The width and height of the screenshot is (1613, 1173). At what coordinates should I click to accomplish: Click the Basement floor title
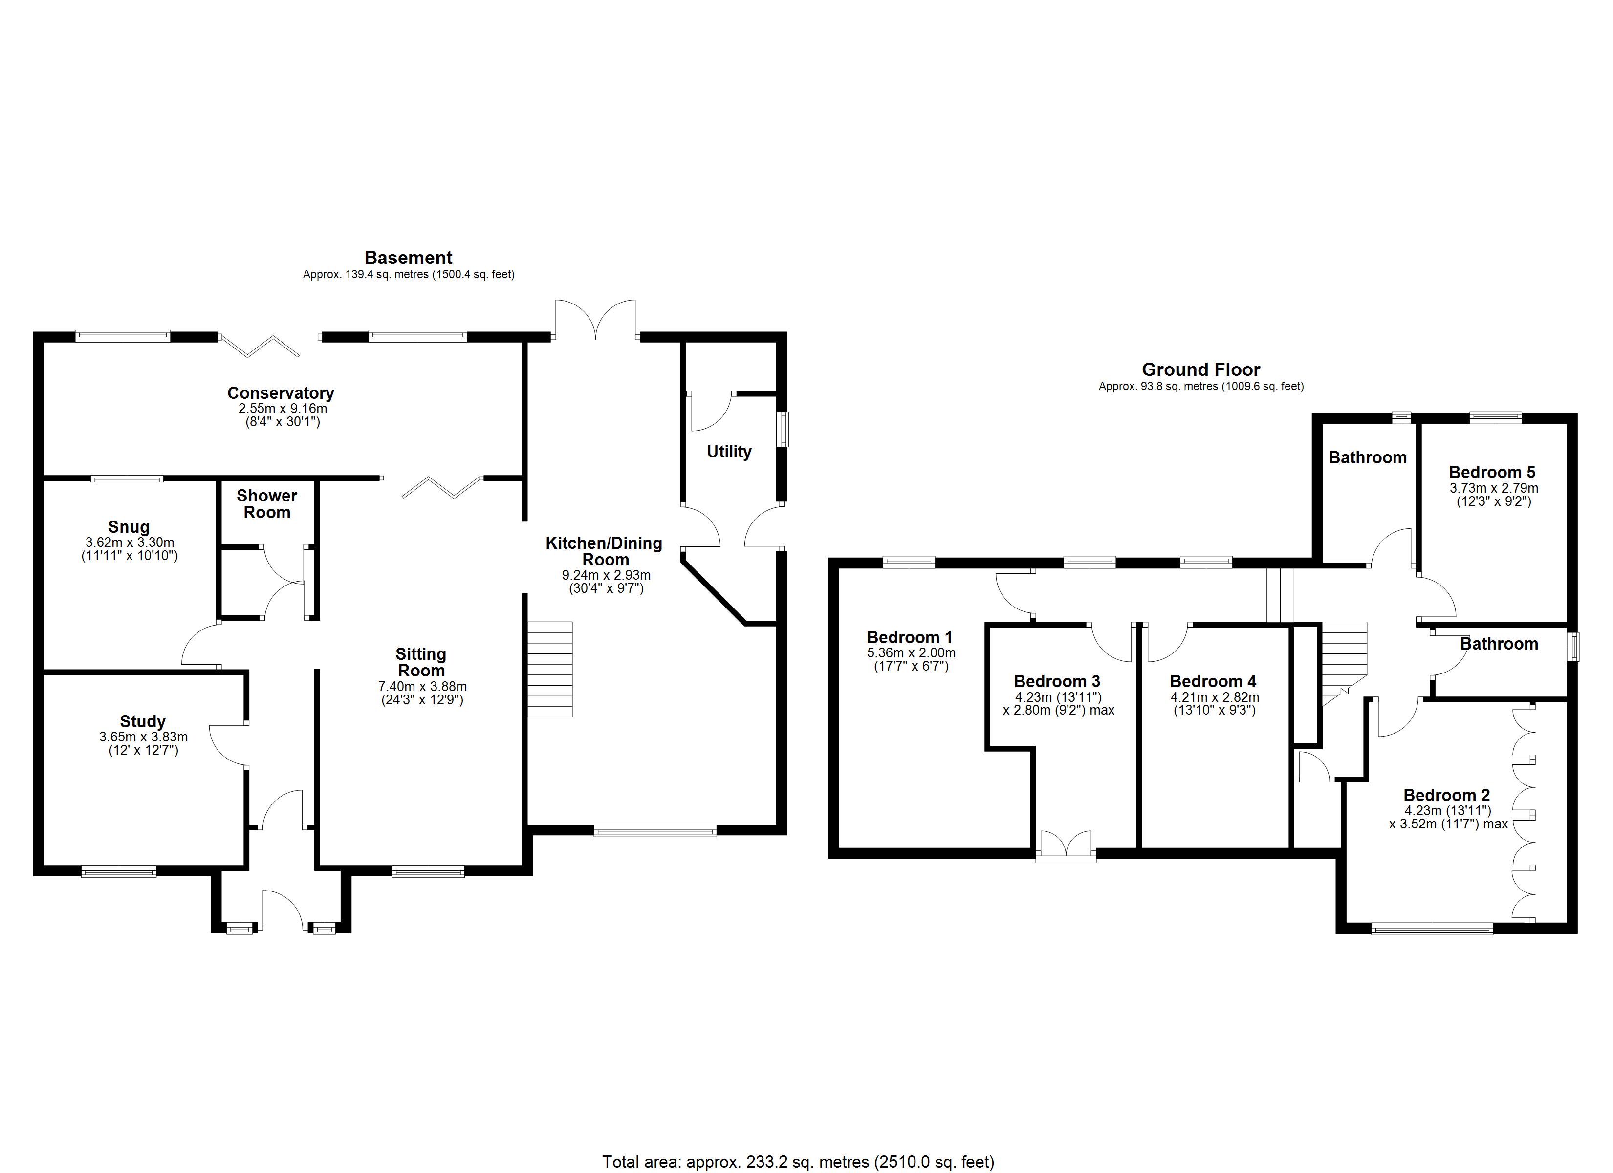point(408,258)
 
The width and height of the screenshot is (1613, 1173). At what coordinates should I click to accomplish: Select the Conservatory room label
point(281,392)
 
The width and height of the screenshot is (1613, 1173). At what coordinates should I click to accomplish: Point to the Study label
point(142,722)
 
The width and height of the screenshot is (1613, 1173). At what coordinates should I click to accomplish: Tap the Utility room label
point(729,452)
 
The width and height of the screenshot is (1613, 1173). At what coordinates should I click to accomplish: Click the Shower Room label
point(267,503)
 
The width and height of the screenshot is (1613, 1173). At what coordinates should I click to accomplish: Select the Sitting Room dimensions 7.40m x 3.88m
point(422,686)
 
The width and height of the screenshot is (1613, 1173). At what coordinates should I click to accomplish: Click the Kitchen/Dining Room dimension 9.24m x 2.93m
point(606,575)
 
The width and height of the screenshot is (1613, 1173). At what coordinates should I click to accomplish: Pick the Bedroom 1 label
point(910,637)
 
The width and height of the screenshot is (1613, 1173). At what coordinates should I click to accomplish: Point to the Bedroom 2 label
point(1447,795)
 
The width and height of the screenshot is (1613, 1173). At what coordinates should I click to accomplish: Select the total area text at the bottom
point(798,1162)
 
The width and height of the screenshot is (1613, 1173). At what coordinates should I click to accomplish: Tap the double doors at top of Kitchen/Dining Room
point(595,320)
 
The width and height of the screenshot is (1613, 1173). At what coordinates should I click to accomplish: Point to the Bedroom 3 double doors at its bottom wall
point(1066,847)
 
